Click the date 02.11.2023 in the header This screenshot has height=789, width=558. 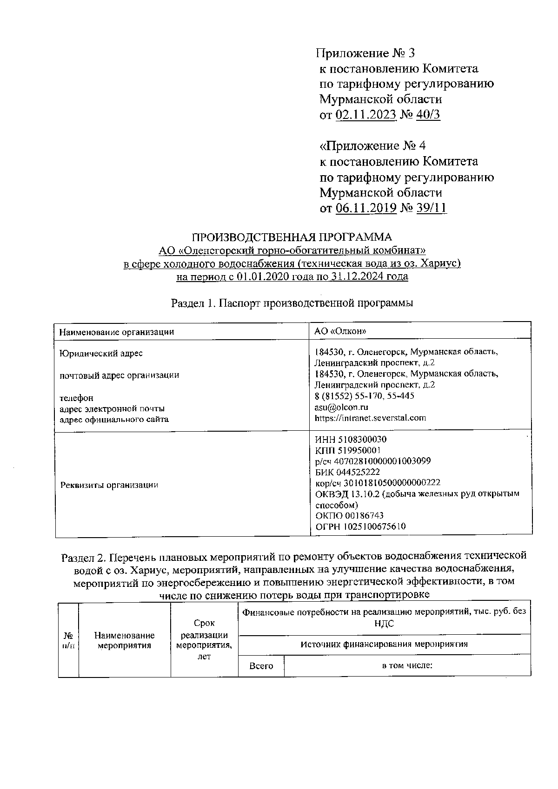click(365, 115)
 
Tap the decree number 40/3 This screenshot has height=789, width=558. click(428, 115)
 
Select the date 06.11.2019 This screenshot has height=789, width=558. click(366, 208)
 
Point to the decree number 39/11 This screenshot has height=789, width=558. click(432, 208)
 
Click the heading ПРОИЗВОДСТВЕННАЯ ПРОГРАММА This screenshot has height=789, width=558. click(292, 237)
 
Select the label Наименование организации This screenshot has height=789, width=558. click(116, 332)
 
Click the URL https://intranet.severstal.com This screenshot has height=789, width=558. click(370, 418)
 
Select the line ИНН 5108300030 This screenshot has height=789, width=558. click(351, 439)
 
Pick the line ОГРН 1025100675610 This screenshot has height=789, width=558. click(360, 526)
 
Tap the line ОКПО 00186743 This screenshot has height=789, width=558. click(349, 515)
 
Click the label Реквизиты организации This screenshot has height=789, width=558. click(109, 485)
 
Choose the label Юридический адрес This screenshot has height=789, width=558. click(101, 353)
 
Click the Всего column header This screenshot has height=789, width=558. click(261, 666)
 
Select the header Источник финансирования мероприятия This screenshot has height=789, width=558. click(384, 644)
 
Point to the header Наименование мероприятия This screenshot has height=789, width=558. click(124, 640)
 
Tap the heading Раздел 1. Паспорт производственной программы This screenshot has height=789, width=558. click(292, 303)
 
